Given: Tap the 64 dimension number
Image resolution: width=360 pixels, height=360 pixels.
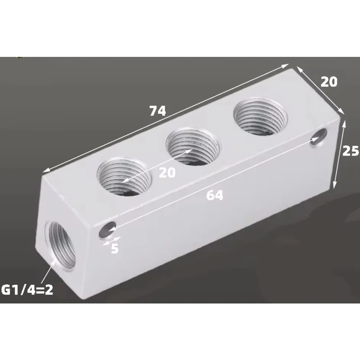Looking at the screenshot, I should pos(215,195).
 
